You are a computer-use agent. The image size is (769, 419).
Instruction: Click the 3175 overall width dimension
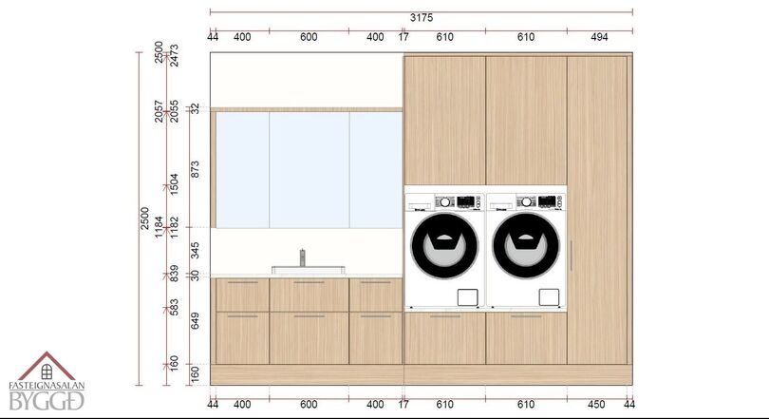[x=422, y=18]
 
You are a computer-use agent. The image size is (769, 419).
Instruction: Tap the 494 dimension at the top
[x=599, y=37]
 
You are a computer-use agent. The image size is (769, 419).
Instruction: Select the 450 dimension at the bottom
[x=596, y=405]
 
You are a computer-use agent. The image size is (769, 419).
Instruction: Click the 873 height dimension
[x=196, y=169]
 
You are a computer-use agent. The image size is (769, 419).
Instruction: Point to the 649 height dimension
[x=196, y=321]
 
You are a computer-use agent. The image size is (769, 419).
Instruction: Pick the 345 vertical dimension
[x=196, y=250]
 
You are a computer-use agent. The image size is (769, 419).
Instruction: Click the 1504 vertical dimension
[x=174, y=184]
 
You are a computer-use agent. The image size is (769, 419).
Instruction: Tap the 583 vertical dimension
[x=174, y=308]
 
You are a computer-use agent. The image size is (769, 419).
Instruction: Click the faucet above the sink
[x=303, y=257]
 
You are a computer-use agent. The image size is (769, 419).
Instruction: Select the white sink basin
[x=309, y=270]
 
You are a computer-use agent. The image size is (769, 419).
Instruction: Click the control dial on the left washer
[x=445, y=201]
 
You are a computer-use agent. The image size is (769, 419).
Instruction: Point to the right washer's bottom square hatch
[x=549, y=296]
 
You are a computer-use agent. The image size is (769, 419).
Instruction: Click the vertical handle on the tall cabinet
[x=572, y=256]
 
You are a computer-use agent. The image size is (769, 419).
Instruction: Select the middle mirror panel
[x=309, y=170]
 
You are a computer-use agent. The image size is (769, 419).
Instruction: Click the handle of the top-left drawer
[x=242, y=282]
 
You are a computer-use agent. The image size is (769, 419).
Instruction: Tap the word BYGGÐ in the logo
[x=47, y=401]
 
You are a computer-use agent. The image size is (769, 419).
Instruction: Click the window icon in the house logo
[x=47, y=371]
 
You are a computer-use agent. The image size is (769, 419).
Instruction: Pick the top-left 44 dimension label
[x=213, y=37]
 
